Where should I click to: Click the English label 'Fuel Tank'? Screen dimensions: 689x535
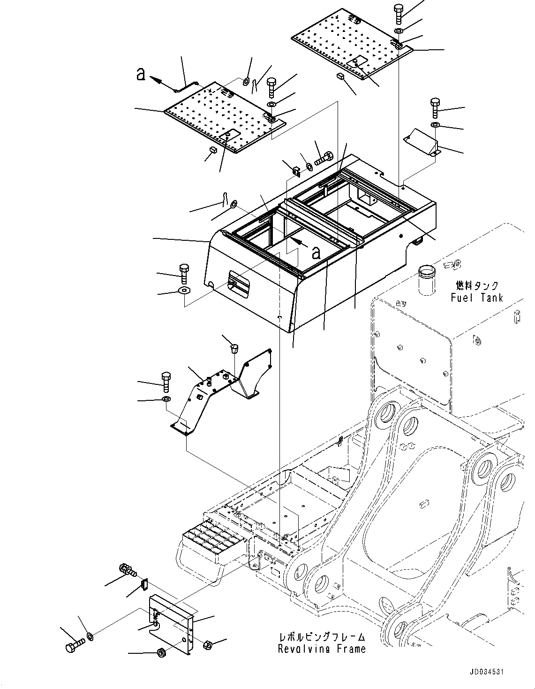click(x=476, y=298)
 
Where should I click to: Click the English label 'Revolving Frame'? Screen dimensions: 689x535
click(x=322, y=649)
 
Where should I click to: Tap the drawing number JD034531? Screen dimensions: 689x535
click(x=482, y=673)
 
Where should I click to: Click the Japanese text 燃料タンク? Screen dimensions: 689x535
click(x=476, y=285)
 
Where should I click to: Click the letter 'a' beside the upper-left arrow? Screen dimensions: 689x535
click(x=140, y=74)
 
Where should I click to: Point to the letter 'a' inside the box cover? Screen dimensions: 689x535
click(x=316, y=253)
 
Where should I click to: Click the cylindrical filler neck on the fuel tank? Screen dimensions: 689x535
click(x=427, y=280)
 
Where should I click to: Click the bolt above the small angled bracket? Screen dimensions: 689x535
click(x=434, y=108)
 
